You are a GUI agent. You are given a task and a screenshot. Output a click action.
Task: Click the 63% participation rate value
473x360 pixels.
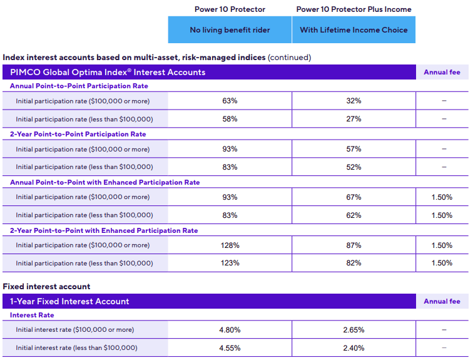[230, 101]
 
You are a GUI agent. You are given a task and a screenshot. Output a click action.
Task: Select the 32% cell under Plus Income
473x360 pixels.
[353, 101]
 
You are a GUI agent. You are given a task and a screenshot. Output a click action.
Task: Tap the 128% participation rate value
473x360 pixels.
[230, 245]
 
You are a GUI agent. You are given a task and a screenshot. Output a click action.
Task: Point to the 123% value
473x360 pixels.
[230, 263]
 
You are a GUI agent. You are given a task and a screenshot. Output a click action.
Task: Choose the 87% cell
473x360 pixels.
[353, 245]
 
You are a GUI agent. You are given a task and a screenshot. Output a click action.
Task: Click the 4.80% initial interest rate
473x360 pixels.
[230, 330]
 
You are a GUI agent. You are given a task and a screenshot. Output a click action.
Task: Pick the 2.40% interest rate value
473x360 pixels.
[353, 347]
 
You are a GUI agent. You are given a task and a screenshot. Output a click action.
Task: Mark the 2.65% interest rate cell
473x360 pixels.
[353, 330]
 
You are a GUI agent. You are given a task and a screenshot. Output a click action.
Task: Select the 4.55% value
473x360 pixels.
[230, 347]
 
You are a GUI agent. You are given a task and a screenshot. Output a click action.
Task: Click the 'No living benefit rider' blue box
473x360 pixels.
[230, 30]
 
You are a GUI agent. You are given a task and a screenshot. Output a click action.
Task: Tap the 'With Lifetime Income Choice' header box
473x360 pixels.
[353, 30]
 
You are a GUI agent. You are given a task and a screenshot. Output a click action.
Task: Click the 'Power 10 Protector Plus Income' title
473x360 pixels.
[353, 9]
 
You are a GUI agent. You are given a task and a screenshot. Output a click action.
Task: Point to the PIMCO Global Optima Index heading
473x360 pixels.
[108, 72]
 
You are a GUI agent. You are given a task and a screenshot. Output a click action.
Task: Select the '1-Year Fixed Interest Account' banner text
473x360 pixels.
[69, 301]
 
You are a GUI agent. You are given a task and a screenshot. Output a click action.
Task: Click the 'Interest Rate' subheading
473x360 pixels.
[32, 315]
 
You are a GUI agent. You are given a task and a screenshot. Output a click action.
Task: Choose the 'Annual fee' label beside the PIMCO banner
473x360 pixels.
[442, 72]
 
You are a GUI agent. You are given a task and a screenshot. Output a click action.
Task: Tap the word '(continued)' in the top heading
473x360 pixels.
[289, 58]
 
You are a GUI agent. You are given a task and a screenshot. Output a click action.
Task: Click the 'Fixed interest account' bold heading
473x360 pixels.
[46, 286]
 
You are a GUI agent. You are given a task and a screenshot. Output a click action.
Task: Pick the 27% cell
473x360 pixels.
[353, 119]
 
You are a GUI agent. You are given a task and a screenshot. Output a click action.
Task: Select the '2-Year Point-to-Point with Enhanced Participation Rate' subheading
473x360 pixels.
[104, 230]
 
